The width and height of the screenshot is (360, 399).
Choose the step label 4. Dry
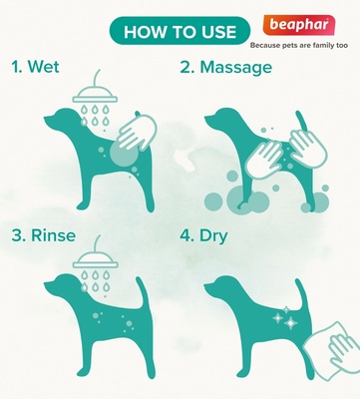click(227, 236)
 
